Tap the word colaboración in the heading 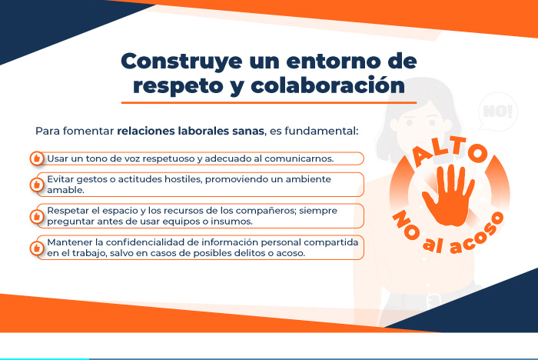tap(328, 85)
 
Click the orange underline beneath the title tap(269, 102)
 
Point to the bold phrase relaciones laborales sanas tap(191, 131)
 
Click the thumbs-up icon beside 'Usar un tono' tap(37, 158)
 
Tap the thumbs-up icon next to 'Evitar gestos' tap(37, 185)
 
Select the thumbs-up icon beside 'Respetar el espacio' tap(37, 216)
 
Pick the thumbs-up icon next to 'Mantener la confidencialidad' tap(37, 248)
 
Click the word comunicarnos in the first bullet tap(298, 158)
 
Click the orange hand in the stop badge tap(448, 195)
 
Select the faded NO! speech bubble tap(498, 112)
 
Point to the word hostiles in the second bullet tap(183, 179)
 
